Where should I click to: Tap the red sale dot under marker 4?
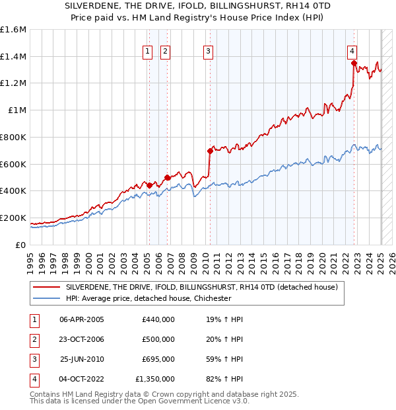(354, 63)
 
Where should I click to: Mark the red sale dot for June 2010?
(211, 151)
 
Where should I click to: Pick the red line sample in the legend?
(46, 287)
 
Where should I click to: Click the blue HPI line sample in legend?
(46, 298)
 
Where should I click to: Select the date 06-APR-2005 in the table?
(82, 319)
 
